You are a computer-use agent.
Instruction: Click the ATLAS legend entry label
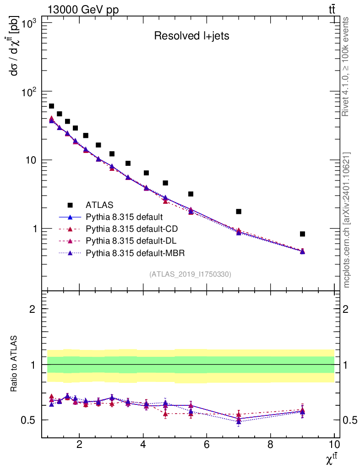[99, 204]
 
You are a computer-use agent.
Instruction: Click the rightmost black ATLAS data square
[302, 234]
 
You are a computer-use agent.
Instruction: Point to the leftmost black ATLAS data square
[51, 106]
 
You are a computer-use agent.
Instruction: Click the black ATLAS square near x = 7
[239, 212]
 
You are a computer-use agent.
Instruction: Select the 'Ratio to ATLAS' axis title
[14, 364]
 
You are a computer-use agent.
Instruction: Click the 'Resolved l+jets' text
[191, 36]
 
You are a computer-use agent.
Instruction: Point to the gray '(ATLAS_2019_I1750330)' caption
[190, 274]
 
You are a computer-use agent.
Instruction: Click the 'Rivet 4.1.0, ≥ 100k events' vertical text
[346, 67]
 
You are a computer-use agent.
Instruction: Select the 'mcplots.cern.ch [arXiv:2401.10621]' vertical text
[347, 220]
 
